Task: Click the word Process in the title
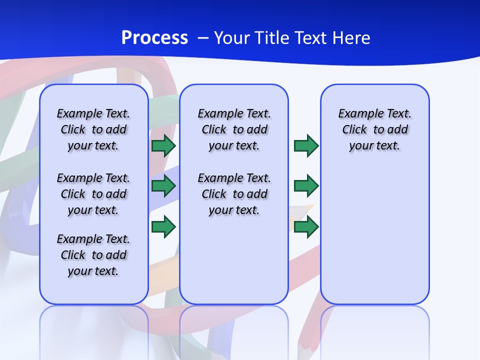click(154, 37)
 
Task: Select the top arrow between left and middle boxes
click(163, 146)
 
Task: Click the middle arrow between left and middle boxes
click(163, 186)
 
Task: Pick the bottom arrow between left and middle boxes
click(163, 226)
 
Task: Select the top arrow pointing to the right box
click(306, 146)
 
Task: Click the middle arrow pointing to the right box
click(306, 186)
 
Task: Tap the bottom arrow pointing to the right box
click(306, 226)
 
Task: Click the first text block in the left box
click(93, 129)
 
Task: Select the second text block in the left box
click(93, 194)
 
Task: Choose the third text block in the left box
click(93, 255)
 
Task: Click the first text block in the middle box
click(234, 129)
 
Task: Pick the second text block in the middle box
click(234, 194)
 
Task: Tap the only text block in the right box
click(374, 129)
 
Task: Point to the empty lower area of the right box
click(374, 235)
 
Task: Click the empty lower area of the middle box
click(234, 260)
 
